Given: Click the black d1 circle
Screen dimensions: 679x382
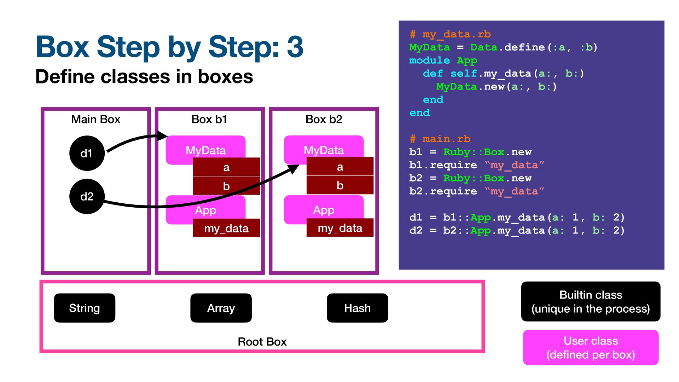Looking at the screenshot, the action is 87,153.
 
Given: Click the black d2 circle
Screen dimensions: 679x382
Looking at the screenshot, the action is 87,196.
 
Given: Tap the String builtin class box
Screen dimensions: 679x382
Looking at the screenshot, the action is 85,308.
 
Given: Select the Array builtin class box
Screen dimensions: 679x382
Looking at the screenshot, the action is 221,308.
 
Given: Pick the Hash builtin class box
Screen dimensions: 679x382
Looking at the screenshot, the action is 358,308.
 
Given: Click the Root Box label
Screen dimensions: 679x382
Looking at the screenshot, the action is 262,342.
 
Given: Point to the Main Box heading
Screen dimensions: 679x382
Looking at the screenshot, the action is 96,119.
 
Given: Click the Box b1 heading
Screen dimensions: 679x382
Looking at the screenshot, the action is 209,119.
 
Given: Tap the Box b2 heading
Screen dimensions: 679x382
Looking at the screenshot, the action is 324,119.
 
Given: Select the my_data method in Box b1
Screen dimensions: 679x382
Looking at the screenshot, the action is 226,228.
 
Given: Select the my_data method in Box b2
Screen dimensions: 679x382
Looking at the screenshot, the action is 340,228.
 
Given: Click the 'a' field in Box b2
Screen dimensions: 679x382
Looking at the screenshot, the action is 340,167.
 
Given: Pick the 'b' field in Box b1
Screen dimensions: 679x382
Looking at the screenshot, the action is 226,186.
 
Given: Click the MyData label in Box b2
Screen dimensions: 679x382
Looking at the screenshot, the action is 324,150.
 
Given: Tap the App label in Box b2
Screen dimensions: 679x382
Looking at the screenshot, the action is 324,210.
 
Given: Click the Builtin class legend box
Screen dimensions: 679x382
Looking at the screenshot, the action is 591,301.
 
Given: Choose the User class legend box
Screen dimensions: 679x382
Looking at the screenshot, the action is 591,347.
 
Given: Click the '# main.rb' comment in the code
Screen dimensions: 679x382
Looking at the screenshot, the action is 440,139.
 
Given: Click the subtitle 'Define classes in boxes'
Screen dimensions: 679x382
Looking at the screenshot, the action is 144,76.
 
